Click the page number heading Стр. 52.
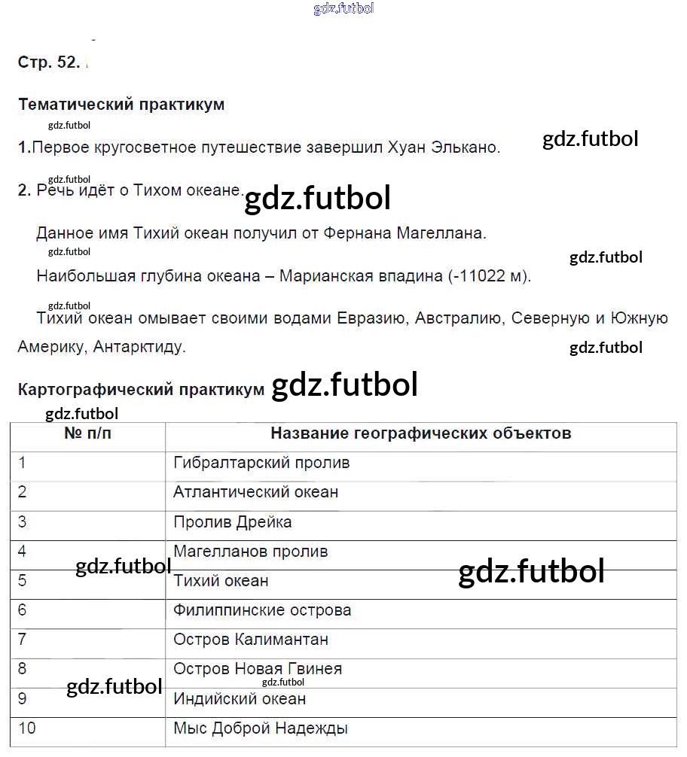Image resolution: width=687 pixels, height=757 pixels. pyautogui.click(x=48, y=63)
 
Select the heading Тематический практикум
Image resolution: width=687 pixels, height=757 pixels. pyautogui.click(x=121, y=105)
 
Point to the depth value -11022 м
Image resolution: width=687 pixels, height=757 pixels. pyautogui.click(x=490, y=276)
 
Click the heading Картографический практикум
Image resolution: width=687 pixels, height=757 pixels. pyautogui.click(x=141, y=390)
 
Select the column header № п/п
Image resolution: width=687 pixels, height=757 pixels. pyautogui.click(x=87, y=433)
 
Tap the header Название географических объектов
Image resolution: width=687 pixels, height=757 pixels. pyautogui.click(x=420, y=433)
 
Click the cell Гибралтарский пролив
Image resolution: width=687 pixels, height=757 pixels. pyautogui.click(x=261, y=463)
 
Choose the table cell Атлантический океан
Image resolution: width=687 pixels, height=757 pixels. pyautogui.click(x=255, y=492)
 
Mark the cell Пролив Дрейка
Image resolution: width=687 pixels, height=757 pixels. pyautogui.click(x=232, y=522)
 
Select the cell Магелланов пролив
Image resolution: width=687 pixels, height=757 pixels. pyautogui.click(x=250, y=552)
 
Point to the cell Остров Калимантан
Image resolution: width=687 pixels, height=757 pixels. pyautogui.click(x=250, y=640)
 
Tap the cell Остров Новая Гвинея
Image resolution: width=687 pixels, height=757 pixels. pyautogui.click(x=258, y=669)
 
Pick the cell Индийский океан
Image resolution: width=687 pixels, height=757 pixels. pyautogui.click(x=240, y=699)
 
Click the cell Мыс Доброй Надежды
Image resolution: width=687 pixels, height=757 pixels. pyautogui.click(x=261, y=728)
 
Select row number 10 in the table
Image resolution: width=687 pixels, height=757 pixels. pyautogui.click(x=27, y=728)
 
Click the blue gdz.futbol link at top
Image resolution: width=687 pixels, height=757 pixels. pyautogui.click(x=343, y=9)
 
